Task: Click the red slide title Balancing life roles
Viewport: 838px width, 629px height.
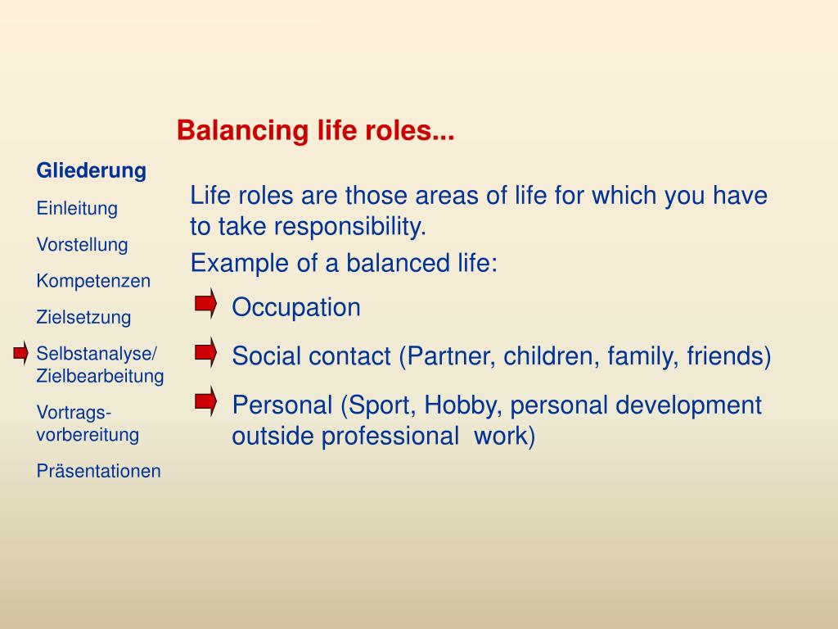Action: point(315,130)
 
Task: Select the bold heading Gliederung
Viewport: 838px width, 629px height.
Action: point(92,170)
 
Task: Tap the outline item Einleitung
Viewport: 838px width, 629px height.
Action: point(77,208)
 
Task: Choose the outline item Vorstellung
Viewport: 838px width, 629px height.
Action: point(83,244)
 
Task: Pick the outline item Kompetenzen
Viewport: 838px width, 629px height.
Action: point(93,281)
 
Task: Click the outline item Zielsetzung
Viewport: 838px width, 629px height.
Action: point(84,317)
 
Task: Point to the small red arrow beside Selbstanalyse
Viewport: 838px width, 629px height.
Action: point(20,353)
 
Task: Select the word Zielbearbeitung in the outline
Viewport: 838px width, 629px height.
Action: point(100,375)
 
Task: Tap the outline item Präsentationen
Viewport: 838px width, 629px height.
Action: point(98,471)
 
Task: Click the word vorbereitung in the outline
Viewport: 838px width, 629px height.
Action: point(88,434)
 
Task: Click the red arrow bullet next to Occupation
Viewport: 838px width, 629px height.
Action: point(205,304)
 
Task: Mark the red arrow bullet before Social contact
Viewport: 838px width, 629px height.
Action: point(205,352)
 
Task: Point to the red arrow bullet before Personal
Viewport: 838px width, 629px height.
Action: point(205,401)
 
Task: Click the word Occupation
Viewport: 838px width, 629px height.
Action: point(296,308)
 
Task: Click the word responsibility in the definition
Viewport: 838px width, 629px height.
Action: point(350,227)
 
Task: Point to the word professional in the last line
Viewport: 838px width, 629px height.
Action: point(390,436)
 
